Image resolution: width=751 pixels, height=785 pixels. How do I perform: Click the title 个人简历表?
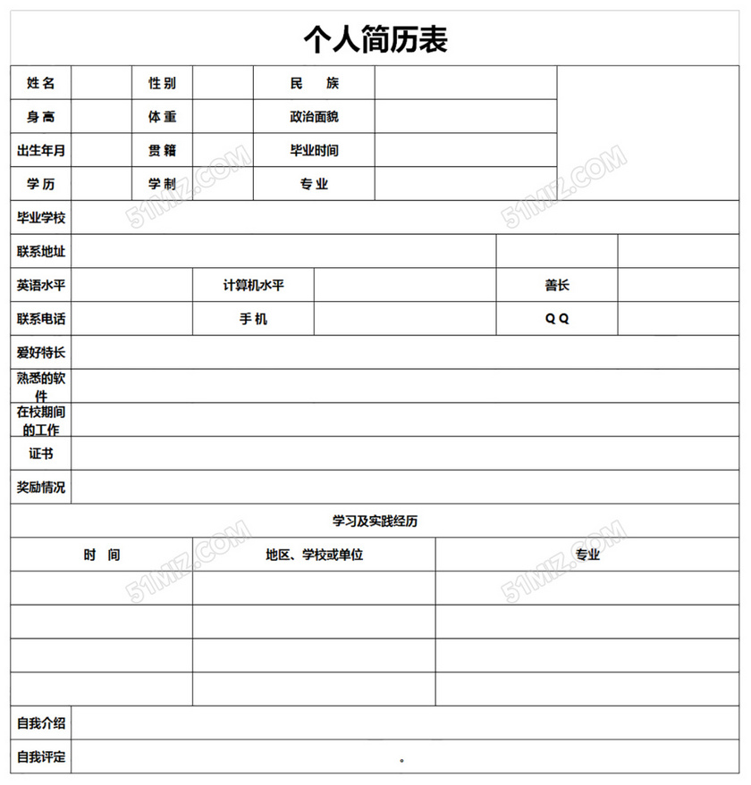[375, 39]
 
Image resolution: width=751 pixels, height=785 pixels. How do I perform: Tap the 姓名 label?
[41, 83]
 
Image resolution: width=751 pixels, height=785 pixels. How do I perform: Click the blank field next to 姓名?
[102, 83]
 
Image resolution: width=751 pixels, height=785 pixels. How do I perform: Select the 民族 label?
[315, 83]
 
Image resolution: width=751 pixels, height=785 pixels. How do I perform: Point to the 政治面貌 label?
[315, 117]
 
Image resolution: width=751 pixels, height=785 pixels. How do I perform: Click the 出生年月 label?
[41, 151]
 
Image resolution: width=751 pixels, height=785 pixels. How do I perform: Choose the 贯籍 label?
[163, 151]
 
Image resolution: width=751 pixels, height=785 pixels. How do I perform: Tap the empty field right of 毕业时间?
[466, 151]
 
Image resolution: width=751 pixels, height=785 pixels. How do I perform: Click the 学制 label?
[163, 184]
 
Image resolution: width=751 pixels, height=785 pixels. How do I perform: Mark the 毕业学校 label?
[41, 218]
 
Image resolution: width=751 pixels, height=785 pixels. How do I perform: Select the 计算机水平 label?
[254, 286]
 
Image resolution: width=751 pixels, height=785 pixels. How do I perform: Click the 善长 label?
[557, 286]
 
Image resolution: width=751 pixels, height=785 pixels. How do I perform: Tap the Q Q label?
[557, 319]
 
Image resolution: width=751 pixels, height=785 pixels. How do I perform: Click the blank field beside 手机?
[405, 319]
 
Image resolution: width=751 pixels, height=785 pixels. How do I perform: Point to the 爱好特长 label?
[41, 353]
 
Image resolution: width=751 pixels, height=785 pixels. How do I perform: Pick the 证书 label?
[41, 454]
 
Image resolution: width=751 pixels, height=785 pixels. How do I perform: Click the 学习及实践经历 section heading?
[375, 521]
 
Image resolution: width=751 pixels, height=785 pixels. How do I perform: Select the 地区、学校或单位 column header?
[315, 555]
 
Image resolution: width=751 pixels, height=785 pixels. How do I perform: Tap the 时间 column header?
[102, 555]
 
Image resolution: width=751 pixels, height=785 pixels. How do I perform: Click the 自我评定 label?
[41, 756]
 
